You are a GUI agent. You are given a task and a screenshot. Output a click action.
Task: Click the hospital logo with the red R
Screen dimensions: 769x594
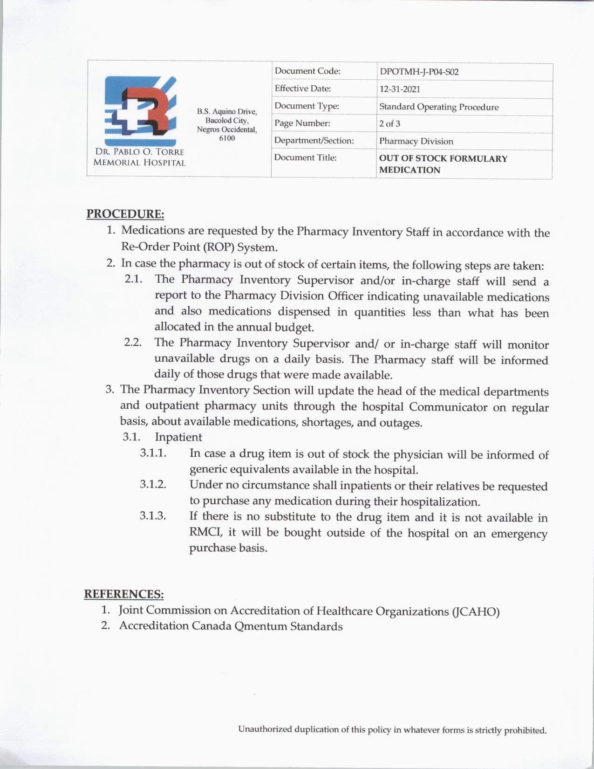(140, 111)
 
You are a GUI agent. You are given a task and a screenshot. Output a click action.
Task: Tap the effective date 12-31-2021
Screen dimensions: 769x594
(399, 89)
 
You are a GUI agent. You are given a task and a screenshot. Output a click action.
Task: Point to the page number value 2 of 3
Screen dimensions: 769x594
(389, 124)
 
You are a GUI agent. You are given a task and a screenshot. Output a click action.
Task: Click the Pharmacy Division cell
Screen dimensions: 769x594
(416, 141)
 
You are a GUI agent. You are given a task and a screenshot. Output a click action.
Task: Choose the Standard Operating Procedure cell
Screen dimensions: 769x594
(438, 107)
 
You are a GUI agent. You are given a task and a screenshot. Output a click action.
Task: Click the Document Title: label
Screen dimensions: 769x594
(305, 158)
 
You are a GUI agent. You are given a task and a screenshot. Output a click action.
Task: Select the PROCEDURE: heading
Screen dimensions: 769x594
(125, 214)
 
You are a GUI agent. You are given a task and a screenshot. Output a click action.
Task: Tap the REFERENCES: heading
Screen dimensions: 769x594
(124, 594)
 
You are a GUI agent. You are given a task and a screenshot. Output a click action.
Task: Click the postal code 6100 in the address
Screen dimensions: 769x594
(227, 138)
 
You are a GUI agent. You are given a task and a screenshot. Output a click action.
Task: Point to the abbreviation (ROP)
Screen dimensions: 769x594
(219, 247)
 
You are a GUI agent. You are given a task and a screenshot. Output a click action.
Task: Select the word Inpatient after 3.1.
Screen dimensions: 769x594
(178, 437)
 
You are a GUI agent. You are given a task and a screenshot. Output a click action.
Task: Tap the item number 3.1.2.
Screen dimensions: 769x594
(153, 484)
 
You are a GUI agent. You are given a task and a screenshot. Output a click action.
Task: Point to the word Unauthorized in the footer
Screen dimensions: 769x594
(265, 729)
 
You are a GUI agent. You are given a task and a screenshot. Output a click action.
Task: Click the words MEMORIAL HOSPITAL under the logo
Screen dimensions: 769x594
(139, 163)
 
